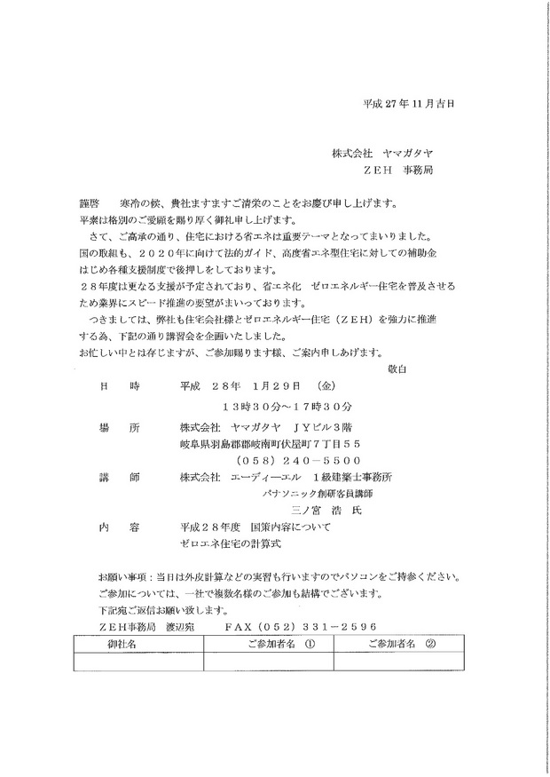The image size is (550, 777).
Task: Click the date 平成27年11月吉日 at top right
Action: (x=409, y=103)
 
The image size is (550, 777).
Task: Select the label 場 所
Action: (x=122, y=427)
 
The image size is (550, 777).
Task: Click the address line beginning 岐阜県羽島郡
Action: (x=270, y=443)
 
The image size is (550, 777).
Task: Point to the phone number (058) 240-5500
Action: (x=296, y=460)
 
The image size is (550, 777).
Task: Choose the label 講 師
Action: (x=122, y=477)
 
